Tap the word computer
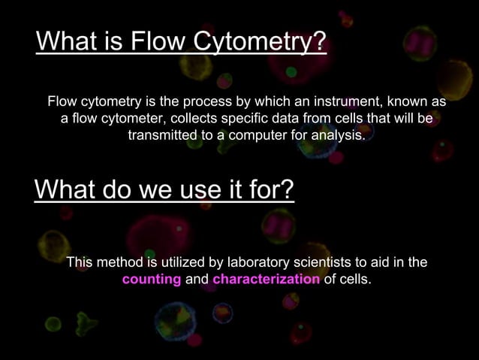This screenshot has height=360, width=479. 250,136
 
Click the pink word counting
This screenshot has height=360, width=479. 152,280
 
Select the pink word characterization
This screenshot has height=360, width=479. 267,280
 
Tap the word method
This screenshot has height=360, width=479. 119,262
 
